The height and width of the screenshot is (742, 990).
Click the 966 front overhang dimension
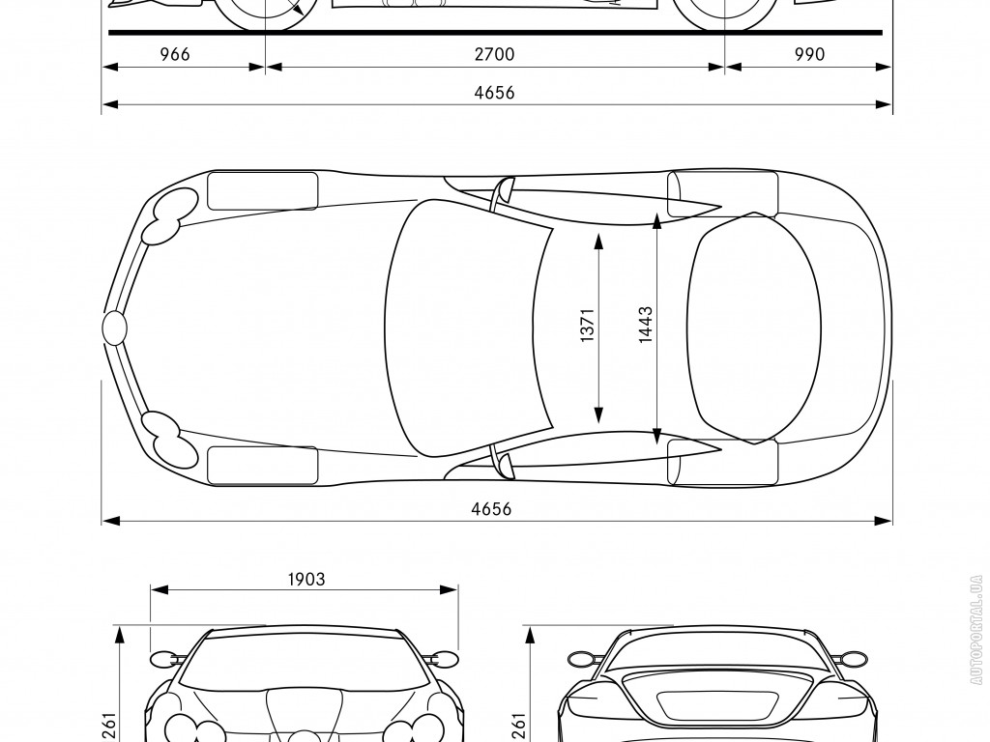tap(175, 54)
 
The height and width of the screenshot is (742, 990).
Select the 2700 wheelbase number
tap(494, 54)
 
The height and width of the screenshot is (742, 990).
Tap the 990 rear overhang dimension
tap(809, 54)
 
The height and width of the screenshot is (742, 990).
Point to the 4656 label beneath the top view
tap(491, 508)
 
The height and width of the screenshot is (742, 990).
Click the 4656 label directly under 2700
tap(494, 93)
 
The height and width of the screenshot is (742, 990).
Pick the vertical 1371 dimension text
tap(587, 325)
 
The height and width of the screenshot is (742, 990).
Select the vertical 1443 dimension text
tap(645, 325)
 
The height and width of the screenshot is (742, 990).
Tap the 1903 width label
tap(306, 580)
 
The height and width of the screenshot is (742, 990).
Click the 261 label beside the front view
tap(108, 725)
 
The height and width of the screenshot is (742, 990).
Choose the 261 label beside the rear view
tap(518, 725)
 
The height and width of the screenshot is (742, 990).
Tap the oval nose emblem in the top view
tap(114, 328)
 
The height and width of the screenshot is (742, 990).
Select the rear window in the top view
tap(754, 328)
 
